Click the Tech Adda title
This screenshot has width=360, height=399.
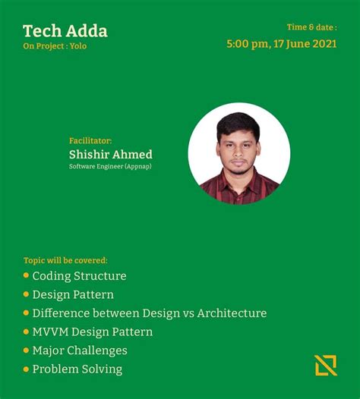(65, 31)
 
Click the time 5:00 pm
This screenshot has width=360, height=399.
(247, 43)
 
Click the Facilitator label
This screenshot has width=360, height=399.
(90, 140)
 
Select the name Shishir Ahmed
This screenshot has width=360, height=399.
(110, 154)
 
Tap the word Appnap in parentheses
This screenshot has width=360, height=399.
(137, 166)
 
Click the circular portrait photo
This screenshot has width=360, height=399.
(238, 153)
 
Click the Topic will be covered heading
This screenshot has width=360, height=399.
(65, 260)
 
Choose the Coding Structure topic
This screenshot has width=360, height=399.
(79, 276)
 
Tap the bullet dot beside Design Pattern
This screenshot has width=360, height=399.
(27, 294)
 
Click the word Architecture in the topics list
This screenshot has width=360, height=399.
(232, 313)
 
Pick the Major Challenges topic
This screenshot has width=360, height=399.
(80, 350)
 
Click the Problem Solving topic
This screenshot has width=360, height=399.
(77, 369)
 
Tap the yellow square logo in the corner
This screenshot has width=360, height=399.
(326, 365)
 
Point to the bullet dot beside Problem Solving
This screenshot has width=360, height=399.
(27, 369)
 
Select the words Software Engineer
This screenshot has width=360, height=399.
(96, 166)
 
